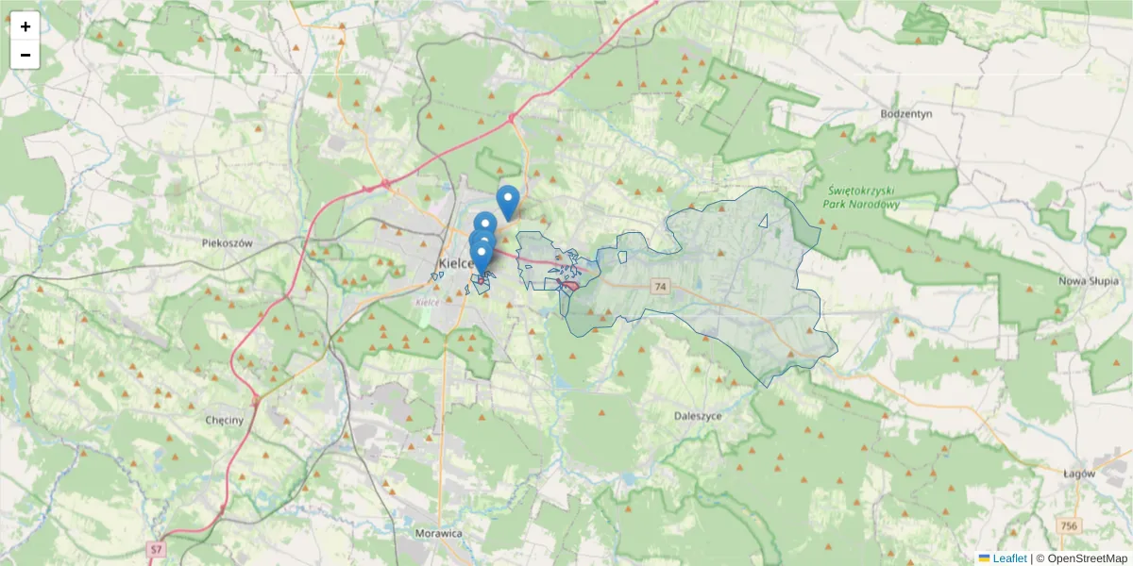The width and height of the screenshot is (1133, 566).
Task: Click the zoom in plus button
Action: (25, 26)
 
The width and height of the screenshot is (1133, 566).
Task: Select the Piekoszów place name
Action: (228, 242)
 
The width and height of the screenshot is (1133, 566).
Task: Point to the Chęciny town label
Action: (225, 420)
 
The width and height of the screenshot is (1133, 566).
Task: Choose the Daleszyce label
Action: (699, 415)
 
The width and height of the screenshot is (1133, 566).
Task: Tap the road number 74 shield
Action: (659, 286)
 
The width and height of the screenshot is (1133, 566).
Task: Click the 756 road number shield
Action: (1068, 525)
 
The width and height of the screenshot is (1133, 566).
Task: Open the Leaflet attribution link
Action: (1008, 558)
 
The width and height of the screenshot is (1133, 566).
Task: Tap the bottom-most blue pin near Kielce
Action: (481, 257)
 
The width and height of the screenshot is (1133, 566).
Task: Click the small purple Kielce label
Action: (428, 302)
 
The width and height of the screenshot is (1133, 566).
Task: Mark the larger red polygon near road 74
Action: (570, 286)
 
